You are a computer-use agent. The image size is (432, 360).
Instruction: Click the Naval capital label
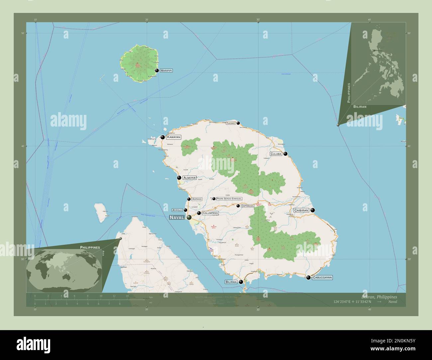(176, 218)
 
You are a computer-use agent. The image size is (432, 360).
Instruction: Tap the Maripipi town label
(166, 70)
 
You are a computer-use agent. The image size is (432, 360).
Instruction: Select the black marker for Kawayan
(163, 137)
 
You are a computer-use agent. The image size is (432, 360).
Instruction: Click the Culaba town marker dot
(285, 154)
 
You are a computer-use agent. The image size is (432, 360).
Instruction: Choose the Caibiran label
(301, 210)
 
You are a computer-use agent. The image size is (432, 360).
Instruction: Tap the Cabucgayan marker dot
(308, 277)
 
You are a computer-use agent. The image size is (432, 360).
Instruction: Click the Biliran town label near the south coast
(231, 282)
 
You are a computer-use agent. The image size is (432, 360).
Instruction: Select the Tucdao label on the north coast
(230, 123)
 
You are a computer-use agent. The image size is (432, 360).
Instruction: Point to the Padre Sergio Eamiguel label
(229, 199)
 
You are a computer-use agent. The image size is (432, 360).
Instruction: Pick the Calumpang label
(210, 213)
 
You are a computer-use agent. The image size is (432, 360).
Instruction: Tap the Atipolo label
(177, 210)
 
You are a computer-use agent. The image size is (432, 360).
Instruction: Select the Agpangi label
(197, 199)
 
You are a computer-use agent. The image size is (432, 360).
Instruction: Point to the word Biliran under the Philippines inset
(360, 107)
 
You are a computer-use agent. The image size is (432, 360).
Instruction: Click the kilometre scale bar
(81, 300)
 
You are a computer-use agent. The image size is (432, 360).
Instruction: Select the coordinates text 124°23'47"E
(345, 302)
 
